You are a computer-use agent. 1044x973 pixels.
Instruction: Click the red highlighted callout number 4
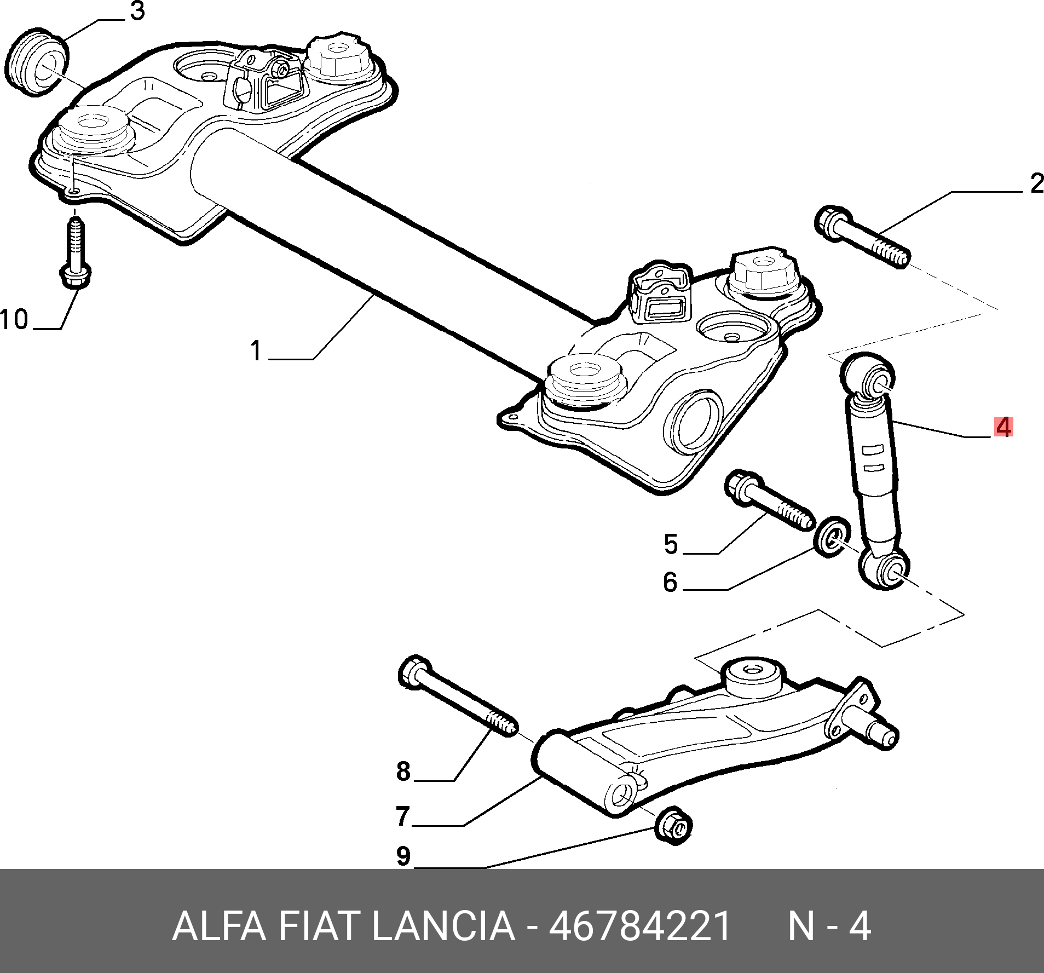point(1003,427)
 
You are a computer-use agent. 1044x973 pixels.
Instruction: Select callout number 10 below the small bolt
point(14,319)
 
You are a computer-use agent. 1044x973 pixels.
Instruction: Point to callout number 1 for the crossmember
point(256,350)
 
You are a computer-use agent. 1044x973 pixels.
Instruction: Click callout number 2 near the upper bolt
point(1037,183)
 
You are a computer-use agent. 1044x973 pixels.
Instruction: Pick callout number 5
point(671,544)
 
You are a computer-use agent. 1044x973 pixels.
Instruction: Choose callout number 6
point(670,582)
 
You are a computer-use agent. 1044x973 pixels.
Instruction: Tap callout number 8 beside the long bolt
point(403,771)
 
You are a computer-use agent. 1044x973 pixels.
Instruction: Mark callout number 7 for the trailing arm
point(403,816)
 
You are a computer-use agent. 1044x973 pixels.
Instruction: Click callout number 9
point(403,856)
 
